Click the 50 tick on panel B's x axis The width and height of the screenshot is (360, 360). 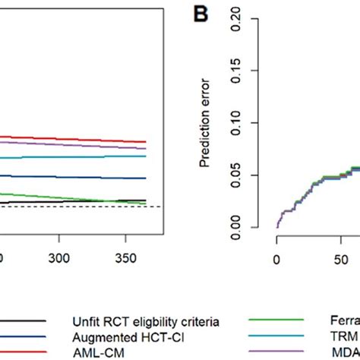[332, 257]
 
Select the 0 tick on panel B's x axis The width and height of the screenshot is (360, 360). [277, 257]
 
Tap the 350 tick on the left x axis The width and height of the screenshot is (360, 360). [125, 257]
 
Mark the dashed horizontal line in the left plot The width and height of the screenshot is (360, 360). [76, 207]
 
